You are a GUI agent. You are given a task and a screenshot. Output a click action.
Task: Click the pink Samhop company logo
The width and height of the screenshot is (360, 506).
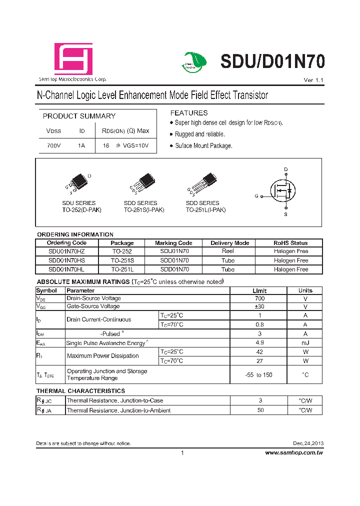(73, 59)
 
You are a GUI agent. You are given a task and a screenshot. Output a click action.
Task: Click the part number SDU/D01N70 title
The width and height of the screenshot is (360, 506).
(272, 61)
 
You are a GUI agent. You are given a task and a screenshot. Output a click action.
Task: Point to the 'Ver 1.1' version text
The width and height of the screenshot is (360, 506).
(313, 80)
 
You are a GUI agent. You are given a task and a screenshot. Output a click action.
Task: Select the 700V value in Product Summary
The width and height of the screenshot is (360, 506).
(53, 145)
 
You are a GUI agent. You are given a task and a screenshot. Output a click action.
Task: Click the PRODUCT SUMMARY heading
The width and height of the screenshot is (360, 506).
(79, 116)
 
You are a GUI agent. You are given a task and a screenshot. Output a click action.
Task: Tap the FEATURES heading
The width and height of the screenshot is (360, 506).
(188, 113)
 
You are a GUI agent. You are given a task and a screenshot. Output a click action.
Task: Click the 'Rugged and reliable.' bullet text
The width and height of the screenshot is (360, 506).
(199, 134)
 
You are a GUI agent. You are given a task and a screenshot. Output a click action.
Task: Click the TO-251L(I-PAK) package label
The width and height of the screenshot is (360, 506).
(205, 210)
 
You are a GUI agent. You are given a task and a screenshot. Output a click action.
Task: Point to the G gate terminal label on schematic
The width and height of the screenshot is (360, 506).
(256, 196)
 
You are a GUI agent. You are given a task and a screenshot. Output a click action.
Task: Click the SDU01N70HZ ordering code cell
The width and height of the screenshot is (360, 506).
(66, 251)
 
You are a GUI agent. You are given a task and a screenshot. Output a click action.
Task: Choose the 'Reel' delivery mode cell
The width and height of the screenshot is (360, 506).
(228, 251)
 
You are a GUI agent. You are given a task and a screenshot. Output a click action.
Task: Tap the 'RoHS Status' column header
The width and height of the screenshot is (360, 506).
(290, 243)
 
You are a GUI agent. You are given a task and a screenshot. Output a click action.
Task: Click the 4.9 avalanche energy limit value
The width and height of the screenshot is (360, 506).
(259, 343)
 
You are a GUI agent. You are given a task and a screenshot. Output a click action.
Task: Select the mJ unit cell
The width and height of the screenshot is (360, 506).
(305, 343)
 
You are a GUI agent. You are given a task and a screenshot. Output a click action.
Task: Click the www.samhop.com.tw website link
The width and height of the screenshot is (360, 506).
(293, 452)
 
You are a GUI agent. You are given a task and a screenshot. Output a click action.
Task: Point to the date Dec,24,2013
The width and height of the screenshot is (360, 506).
(308, 443)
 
